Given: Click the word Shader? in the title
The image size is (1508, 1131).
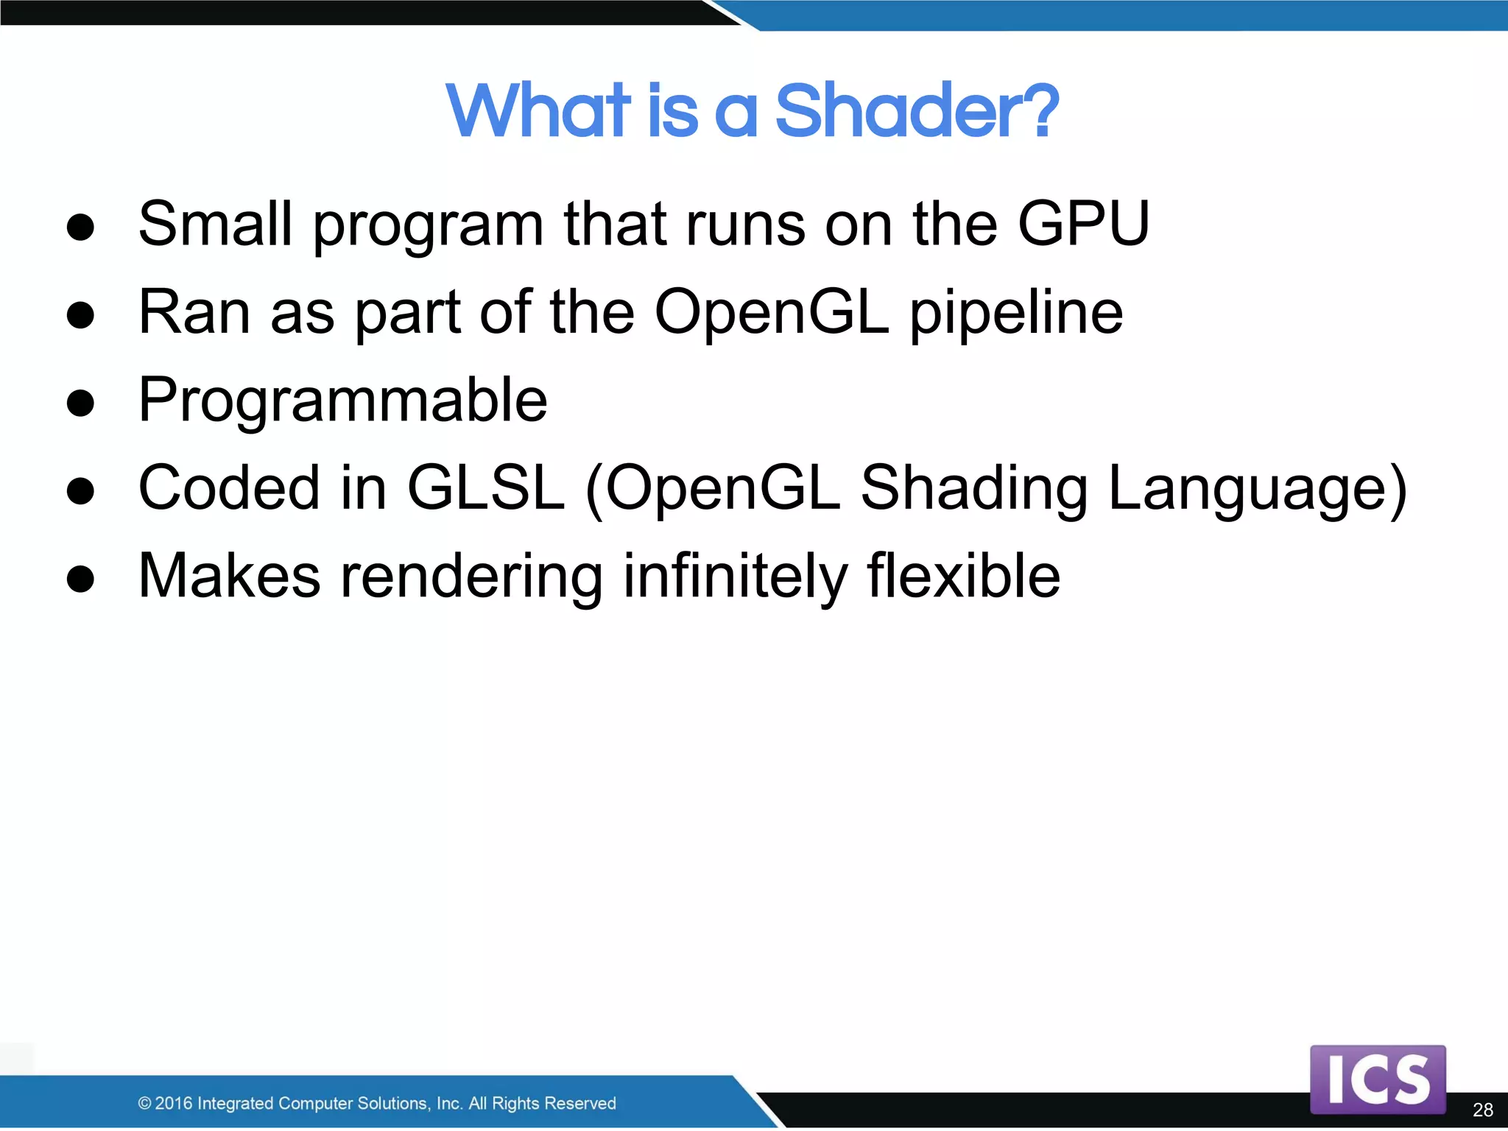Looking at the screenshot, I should (916, 112).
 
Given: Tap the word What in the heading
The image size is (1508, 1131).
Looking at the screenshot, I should (538, 112).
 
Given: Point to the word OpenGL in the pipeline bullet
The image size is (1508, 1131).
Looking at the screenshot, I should (771, 312).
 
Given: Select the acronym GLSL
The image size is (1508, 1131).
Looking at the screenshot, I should (485, 487).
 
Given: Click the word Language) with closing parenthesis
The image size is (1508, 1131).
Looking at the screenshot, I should (1258, 489).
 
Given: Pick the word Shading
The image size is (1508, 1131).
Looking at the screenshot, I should (974, 489).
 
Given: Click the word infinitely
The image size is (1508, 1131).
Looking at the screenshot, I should (735, 577).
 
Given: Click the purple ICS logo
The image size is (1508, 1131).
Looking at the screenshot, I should (1377, 1079).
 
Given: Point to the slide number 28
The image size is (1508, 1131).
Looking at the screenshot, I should (1482, 1110).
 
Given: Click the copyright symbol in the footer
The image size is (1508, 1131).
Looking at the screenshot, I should (144, 1103).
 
